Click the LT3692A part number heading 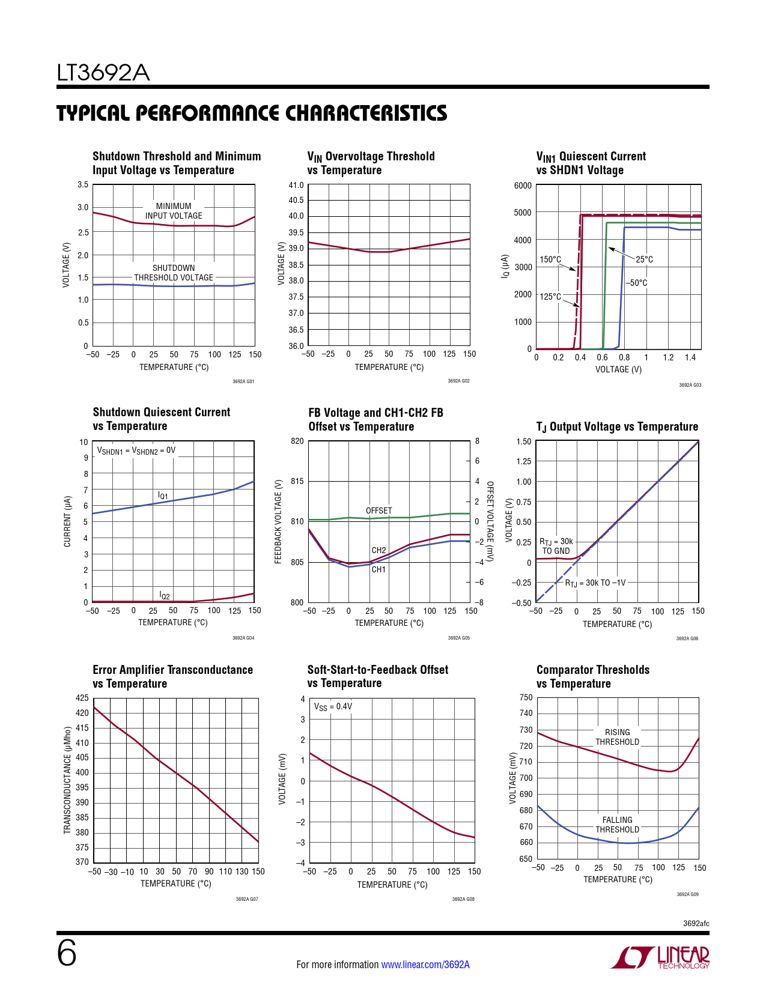(103, 73)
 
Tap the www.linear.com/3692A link (425, 965)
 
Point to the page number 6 (67, 953)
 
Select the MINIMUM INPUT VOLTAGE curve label (174, 211)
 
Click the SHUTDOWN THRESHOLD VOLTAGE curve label (174, 273)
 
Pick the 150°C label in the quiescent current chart (550, 259)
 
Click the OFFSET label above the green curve (378, 511)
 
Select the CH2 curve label (378, 550)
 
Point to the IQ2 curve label (165, 595)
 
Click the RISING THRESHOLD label (617, 737)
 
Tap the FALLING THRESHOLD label (617, 825)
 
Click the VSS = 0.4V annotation (333, 707)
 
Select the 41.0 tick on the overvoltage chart (296, 185)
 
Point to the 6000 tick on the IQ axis (523, 186)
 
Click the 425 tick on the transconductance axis (82, 698)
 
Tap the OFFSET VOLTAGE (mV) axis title (490, 521)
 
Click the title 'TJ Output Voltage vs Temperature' (617, 427)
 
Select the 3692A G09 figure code (687, 894)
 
